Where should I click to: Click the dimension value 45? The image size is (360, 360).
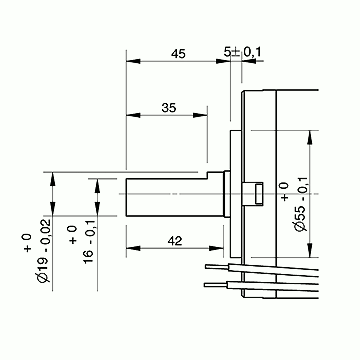pyautogui.click(x=178, y=54)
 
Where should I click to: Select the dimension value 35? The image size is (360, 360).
pyautogui.click(x=169, y=108)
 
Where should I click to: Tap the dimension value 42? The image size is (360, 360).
pyautogui.click(x=175, y=241)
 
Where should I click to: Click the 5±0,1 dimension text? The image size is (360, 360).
pyautogui.click(x=243, y=52)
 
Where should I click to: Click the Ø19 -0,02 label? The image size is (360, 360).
pyautogui.click(x=44, y=250)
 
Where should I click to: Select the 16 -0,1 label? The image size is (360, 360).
pyautogui.click(x=89, y=242)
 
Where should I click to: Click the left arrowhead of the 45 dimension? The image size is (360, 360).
pyautogui.click(x=133, y=61)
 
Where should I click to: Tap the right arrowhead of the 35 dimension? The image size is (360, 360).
pyautogui.click(x=200, y=115)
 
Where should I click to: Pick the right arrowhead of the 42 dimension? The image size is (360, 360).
pyautogui.click(x=216, y=248)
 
